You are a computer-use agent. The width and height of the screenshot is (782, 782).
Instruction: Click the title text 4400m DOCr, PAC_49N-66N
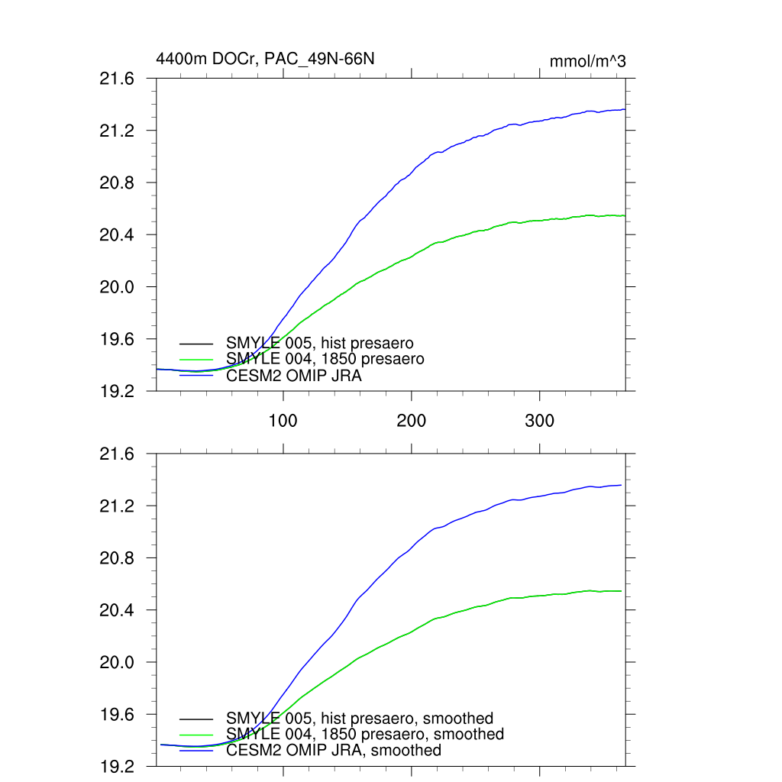pyautogui.click(x=265, y=59)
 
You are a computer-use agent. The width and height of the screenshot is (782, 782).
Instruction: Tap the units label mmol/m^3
pyautogui.click(x=587, y=62)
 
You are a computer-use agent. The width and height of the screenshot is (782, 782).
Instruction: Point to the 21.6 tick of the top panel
pyautogui.click(x=118, y=79)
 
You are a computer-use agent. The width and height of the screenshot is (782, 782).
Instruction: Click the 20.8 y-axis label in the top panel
pyautogui.click(x=118, y=183)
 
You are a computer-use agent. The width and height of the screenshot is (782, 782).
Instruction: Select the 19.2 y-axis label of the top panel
pyautogui.click(x=118, y=391)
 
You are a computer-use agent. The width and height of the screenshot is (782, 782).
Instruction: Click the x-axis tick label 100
pyautogui.click(x=283, y=420)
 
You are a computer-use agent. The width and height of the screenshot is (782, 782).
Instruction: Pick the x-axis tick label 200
pyautogui.click(x=412, y=420)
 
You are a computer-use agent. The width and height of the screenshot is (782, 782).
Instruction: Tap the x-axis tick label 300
pyautogui.click(x=540, y=420)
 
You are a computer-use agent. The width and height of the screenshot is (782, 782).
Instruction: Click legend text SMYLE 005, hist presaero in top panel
pyautogui.click(x=319, y=343)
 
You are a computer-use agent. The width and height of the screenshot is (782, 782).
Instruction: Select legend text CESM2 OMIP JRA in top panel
pyautogui.click(x=294, y=375)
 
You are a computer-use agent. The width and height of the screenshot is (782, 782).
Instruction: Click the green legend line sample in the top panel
pyautogui.click(x=196, y=359)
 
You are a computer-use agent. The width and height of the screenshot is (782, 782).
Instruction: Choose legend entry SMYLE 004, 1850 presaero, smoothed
pyautogui.click(x=365, y=734)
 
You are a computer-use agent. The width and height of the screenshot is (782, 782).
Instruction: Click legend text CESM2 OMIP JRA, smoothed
pyautogui.click(x=334, y=750)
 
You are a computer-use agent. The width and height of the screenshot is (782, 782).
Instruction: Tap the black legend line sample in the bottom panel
pyautogui.click(x=196, y=719)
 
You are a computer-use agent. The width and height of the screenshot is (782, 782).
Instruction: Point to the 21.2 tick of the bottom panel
pyautogui.click(x=118, y=506)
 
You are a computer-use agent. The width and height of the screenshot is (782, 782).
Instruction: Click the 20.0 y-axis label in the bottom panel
pyautogui.click(x=118, y=662)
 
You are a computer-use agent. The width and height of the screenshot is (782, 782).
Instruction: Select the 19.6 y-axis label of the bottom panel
pyautogui.click(x=118, y=715)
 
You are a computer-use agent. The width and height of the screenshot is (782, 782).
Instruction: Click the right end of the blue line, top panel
pyautogui.click(x=625, y=109)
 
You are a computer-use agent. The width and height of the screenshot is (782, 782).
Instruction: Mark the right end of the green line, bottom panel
pyautogui.click(x=621, y=591)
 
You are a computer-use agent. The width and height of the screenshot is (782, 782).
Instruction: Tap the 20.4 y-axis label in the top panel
pyautogui.click(x=118, y=235)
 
